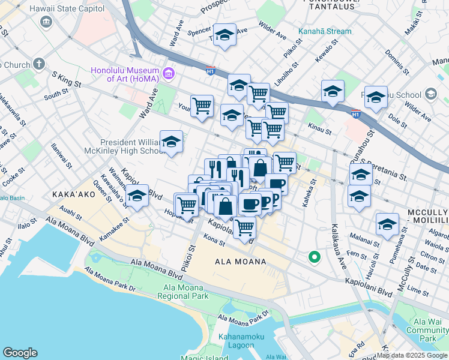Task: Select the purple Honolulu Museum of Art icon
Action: (169, 74)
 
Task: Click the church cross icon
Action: (39, 64)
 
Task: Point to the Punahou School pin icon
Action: (430, 94)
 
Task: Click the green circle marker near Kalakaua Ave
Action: (313, 257)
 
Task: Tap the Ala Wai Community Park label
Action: (427, 330)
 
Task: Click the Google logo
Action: (20, 353)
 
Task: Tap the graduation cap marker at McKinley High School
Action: (172, 142)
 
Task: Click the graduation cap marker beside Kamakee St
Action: (137, 196)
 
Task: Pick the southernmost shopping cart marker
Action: (244, 227)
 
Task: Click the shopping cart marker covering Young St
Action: (202, 106)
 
